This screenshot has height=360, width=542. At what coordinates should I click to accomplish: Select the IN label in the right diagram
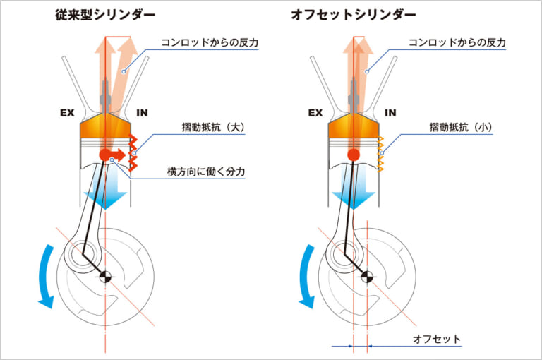click(x=390, y=112)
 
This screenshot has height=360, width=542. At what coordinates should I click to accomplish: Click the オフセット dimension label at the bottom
click(x=437, y=340)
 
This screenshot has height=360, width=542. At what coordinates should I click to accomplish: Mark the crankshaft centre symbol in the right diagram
click(x=367, y=276)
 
